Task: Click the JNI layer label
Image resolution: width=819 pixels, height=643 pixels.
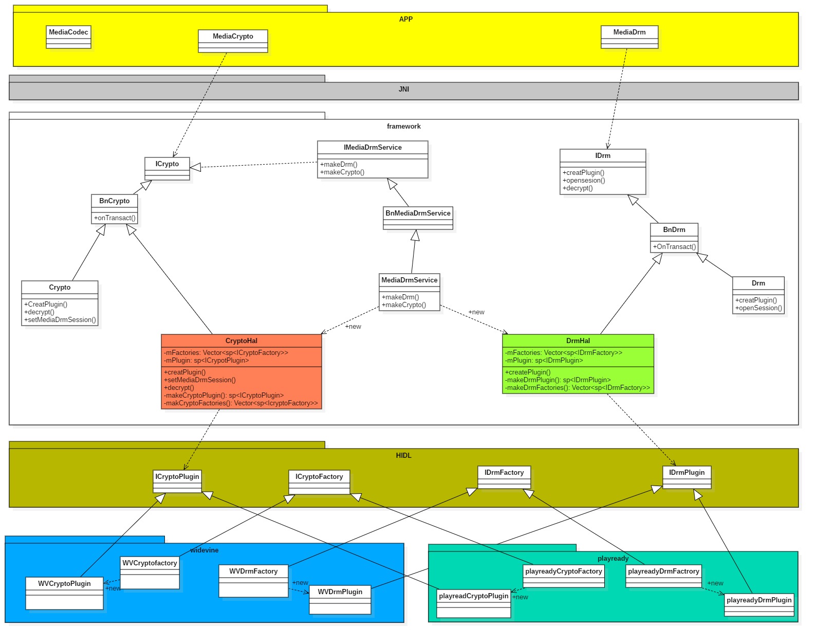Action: tap(404, 90)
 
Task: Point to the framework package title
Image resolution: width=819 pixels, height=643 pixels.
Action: tap(404, 127)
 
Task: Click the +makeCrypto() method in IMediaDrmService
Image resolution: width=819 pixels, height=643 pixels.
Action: tap(342, 172)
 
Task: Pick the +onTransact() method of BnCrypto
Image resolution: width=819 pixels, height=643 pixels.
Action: tap(115, 218)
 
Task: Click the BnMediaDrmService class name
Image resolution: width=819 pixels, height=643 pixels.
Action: tap(418, 213)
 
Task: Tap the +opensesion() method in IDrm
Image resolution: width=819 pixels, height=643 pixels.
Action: tap(584, 181)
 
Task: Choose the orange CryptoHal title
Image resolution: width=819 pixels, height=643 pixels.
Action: tap(241, 341)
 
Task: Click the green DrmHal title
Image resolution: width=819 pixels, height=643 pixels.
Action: tap(578, 341)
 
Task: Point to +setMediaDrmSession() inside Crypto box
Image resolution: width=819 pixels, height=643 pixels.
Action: tap(60, 320)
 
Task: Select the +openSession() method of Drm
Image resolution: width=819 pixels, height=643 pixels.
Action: tap(758, 308)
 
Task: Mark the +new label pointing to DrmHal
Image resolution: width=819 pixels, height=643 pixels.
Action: tap(476, 312)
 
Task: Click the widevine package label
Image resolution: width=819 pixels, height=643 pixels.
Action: tap(204, 550)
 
